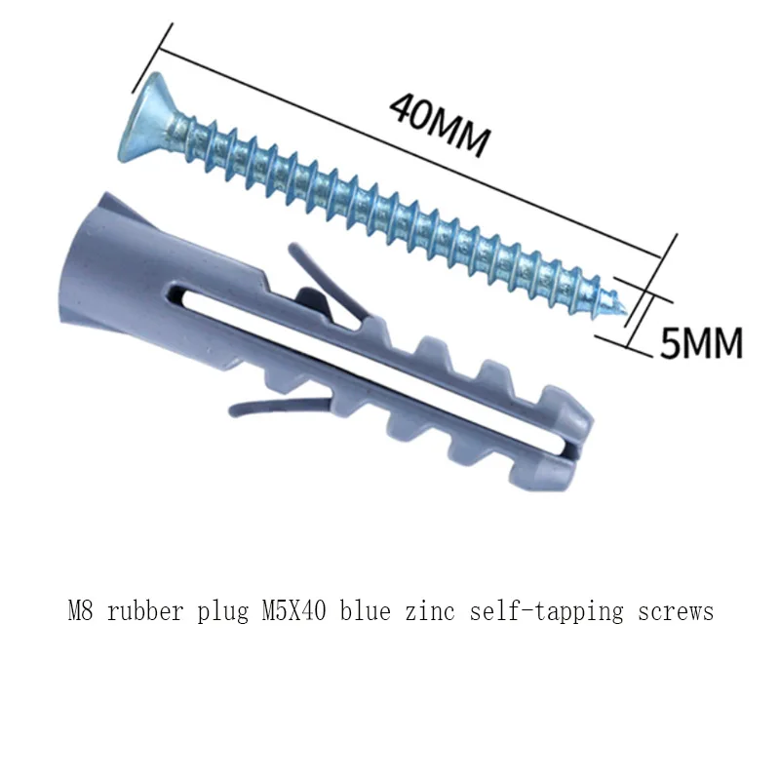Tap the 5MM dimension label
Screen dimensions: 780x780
(701, 343)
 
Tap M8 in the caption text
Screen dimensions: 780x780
(80, 612)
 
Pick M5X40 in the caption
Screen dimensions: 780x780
(296, 612)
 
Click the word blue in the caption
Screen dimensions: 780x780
(366, 612)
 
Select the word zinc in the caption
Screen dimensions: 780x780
(429, 612)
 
